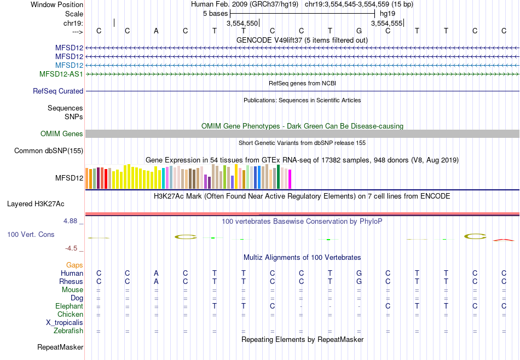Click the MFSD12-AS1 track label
tap(61, 74)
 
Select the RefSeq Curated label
tap(58, 91)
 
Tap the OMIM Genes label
tap(62, 134)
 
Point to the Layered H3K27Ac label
tap(36, 204)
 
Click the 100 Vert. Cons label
tap(31, 234)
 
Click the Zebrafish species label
tap(68, 331)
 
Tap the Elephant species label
tap(69, 306)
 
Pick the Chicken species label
tap(70, 315)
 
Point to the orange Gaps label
tap(74, 265)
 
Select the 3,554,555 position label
tap(386, 24)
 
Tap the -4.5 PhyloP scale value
tap(71, 248)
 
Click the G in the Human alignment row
tap(359, 273)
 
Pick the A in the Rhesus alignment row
tap(156, 281)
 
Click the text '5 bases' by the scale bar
tap(215, 13)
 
